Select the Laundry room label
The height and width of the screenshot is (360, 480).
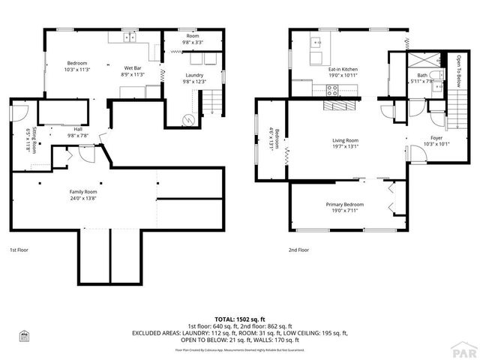click(195, 75)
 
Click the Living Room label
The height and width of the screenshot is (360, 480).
click(346, 140)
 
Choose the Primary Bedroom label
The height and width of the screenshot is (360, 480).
click(345, 205)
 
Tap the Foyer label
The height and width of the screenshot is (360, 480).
click(436, 137)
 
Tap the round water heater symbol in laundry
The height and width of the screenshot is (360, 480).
click(189, 118)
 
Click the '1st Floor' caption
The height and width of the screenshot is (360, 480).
click(19, 250)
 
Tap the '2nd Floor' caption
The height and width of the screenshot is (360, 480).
click(298, 250)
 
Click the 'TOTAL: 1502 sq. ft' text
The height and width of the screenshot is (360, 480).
click(240, 319)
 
